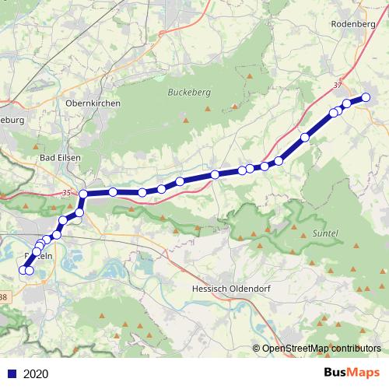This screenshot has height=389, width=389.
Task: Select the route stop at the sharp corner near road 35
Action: click(83, 194)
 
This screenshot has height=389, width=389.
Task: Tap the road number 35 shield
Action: click(65, 192)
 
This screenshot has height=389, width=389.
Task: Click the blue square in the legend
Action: click(12, 373)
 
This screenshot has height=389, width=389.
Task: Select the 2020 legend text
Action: click(36, 373)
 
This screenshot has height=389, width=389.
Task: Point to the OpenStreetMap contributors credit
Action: click(321, 349)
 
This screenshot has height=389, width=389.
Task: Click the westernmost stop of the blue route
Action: click(23, 270)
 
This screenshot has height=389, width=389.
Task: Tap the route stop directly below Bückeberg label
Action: click(180, 182)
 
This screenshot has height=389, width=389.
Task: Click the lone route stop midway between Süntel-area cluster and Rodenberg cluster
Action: click(305, 137)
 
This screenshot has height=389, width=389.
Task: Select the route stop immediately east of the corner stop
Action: click(113, 191)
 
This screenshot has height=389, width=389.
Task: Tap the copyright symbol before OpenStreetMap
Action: click(257, 349)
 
